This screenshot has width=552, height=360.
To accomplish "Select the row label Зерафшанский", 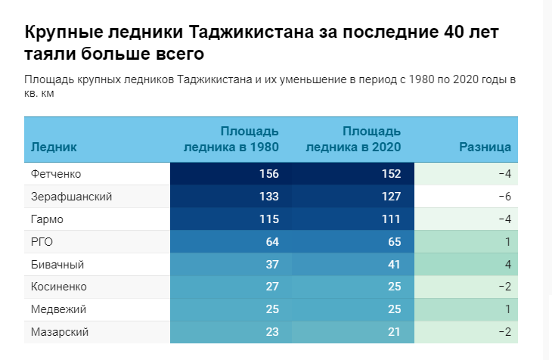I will pos(71,197).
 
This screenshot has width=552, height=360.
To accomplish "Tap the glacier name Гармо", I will pos(47,219).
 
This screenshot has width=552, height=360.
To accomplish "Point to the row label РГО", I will pos(42,242).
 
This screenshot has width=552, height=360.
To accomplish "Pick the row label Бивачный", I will pos(57,265).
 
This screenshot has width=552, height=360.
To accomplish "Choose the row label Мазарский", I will pos(60,332).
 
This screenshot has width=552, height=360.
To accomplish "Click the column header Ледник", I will pos(54,147).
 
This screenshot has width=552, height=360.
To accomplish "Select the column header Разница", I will pos(485,147).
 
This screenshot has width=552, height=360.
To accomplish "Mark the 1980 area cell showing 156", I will pos(268,174).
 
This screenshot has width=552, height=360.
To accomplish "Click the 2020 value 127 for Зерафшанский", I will pos(390,197).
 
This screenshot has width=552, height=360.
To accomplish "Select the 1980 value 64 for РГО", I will pos(272,242).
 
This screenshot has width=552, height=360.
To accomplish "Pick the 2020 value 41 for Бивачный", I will pos(393,265).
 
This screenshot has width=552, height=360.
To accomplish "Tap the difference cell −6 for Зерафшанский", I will pos(505,197).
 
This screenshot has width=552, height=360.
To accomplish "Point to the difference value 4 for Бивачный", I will pos(508,265).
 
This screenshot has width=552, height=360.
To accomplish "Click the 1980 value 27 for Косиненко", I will pos(272,287).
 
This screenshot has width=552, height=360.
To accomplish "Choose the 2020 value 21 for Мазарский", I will pos(393,332).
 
